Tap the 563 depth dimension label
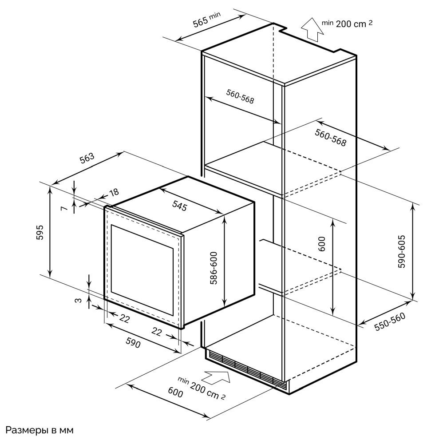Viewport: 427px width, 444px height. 87,158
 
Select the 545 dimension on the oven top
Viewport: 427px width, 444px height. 179,206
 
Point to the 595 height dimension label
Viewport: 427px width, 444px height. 40,232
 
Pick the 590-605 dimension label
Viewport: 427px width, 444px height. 402,251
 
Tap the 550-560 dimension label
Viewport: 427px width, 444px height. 390,321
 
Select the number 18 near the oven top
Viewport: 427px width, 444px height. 114,192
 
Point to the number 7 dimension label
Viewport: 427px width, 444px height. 64,208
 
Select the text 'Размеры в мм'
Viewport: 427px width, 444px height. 40,430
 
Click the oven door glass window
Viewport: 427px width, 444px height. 142,270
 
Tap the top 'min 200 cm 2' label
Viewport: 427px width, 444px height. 347,23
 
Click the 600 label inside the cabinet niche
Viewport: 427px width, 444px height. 322,244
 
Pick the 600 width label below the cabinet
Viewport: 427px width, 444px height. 176,392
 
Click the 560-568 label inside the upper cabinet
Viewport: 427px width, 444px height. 240,96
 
